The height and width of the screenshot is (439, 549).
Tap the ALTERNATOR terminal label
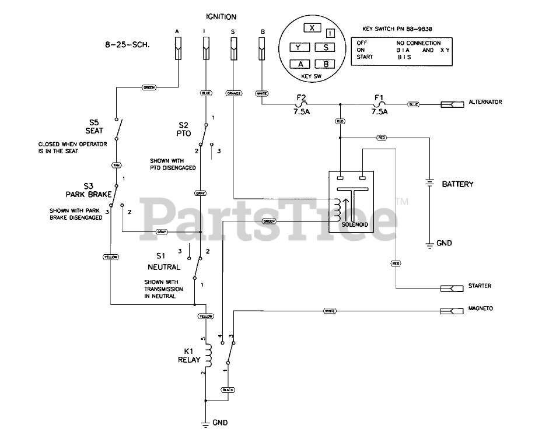(x=485, y=102)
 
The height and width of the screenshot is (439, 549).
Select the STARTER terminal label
(x=480, y=286)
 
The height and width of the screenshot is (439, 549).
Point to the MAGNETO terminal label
(x=480, y=308)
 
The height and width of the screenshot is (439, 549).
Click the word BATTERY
(x=457, y=184)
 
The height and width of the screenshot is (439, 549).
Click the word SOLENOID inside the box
(x=354, y=223)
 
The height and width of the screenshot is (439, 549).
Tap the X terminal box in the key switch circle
(x=313, y=28)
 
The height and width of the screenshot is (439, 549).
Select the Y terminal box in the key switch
(x=298, y=47)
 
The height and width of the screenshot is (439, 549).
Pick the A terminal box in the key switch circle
(x=300, y=64)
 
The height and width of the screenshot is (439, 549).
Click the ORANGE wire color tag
(x=233, y=93)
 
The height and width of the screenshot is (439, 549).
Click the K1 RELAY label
(x=189, y=356)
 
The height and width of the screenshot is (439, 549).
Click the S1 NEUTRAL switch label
(x=163, y=261)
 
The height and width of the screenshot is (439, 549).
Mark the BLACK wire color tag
(x=227, y=389)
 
